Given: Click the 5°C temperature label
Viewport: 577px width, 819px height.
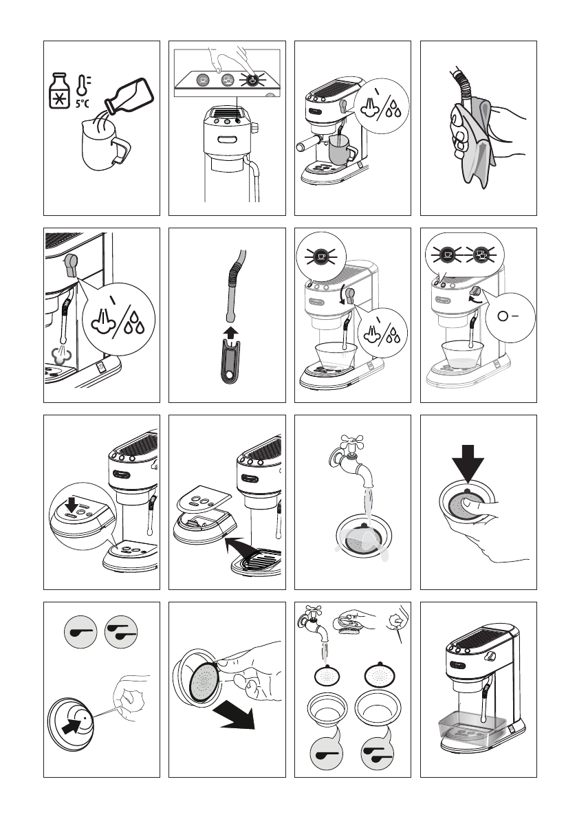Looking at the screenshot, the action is point(82,103).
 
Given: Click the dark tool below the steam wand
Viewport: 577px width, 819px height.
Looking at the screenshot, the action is point(228,360).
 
